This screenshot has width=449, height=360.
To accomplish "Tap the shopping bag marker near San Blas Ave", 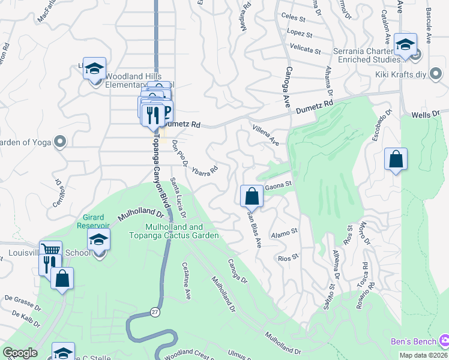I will [x=252, y=196].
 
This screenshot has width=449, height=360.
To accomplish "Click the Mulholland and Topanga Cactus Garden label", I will [x=182, y=232].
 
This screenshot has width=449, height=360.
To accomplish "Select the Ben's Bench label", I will [x=413, y=341].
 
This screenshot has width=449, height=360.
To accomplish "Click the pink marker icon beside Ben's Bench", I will [x=443, y=341].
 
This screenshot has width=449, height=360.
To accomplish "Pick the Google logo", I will [x=20, y=353].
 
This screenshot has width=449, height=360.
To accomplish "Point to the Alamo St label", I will [x=285, y=232].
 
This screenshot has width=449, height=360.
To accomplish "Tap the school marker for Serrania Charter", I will [x=406, y=44].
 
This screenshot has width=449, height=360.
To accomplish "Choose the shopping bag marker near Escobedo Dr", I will [x=396, y=160].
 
